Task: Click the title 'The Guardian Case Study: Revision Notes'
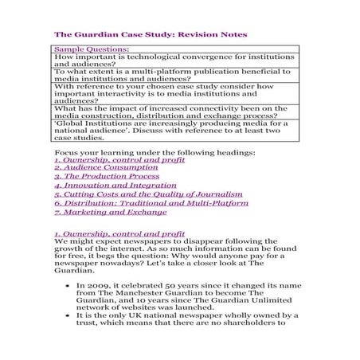pos(151,35)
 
